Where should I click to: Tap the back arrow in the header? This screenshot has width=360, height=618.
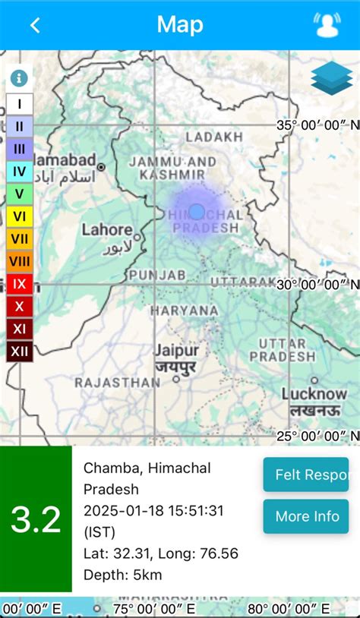[x=35, y=25]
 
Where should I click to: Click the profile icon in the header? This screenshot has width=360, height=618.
[x=327, y=25]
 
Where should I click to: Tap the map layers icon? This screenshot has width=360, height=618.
[x=332, y=78]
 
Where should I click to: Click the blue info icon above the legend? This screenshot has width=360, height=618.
[x=20, y=78]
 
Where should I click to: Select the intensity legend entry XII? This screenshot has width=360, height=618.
[x=20, y=352]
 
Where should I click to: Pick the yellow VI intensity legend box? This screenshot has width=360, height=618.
[x=20, y=216]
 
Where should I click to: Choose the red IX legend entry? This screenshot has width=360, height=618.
[x=20, y=284]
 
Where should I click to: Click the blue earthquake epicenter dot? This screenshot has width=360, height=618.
[x=197, y=212]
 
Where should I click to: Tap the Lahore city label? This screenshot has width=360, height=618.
[x=107, y=229]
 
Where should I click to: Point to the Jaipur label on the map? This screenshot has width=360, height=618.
[x=176, y=351]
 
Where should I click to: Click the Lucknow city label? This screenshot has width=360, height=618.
[x=314, y=394]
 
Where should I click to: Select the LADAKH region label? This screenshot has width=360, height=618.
[x=214, y=137]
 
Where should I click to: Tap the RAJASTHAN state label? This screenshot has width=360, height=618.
[x=118, y=383]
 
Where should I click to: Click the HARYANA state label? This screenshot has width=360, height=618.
[x=184, y=311]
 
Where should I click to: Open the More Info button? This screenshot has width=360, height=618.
[x=306, y=516]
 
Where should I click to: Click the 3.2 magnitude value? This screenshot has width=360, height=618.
[x=36, y=519]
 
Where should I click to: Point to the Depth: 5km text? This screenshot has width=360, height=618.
[x=122, y=575]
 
